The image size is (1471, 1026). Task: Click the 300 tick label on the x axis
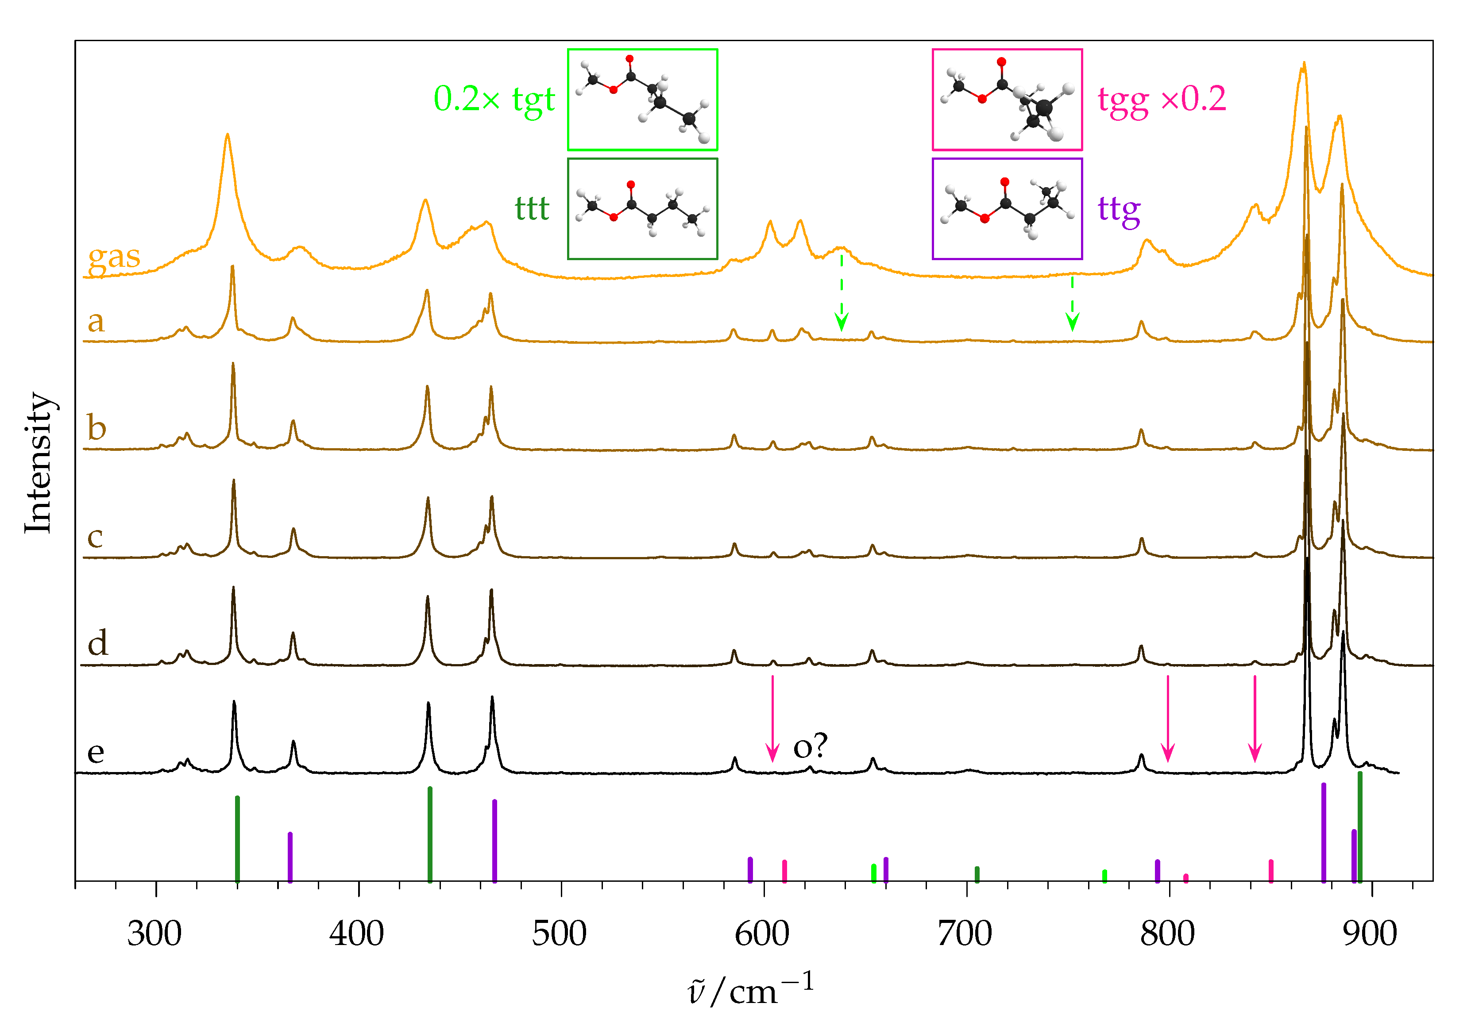(x=154, y=934)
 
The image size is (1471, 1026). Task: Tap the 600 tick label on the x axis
(x=762, y=934)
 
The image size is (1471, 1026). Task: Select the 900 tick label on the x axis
(x=1370, y=934)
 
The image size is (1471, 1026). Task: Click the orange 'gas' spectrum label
(x=114, y=256)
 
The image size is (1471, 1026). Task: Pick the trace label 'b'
(x=97, y=427)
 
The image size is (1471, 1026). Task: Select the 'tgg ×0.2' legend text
(x=1162, y=99)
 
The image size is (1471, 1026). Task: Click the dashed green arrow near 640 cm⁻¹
(x=841, y=292)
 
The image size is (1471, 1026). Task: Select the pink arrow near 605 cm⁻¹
(x=772, y=717)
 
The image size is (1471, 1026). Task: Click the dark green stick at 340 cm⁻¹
(x=237, y=839)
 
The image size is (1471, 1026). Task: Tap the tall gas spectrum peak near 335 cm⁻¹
(x=227, y=138)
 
